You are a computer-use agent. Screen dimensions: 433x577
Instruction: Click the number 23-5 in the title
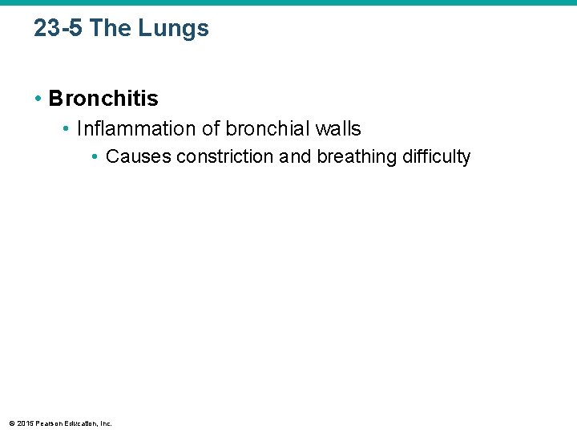click(x=59, y=29)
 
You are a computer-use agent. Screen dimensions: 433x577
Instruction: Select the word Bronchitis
click(x=103, y=99)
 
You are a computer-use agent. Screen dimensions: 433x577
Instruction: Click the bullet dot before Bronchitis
click(x=38, y=99)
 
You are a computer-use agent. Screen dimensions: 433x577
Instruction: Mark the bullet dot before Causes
click(x=95, y=156)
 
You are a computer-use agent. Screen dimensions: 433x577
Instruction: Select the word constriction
click(x=225, y=156)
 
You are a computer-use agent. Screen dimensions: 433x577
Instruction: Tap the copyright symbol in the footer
click(x=11, y=423)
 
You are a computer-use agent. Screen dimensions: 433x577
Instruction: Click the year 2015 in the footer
click(x=24, y=423)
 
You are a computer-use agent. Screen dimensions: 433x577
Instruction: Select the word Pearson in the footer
click(x=47, y=423)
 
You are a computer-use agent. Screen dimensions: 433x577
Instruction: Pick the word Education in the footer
click(x=80, y=423)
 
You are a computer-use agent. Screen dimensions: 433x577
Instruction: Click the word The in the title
click(x=111, y=29)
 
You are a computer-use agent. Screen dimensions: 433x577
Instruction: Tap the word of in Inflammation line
click(x=211, y=128)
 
